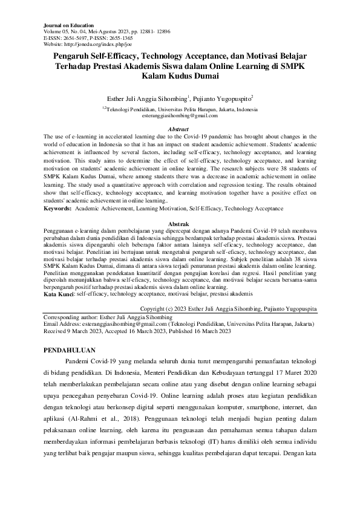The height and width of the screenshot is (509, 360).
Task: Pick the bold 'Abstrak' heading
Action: [x=179, y=223]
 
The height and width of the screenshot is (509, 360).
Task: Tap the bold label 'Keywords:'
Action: [x=58, y=208]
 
